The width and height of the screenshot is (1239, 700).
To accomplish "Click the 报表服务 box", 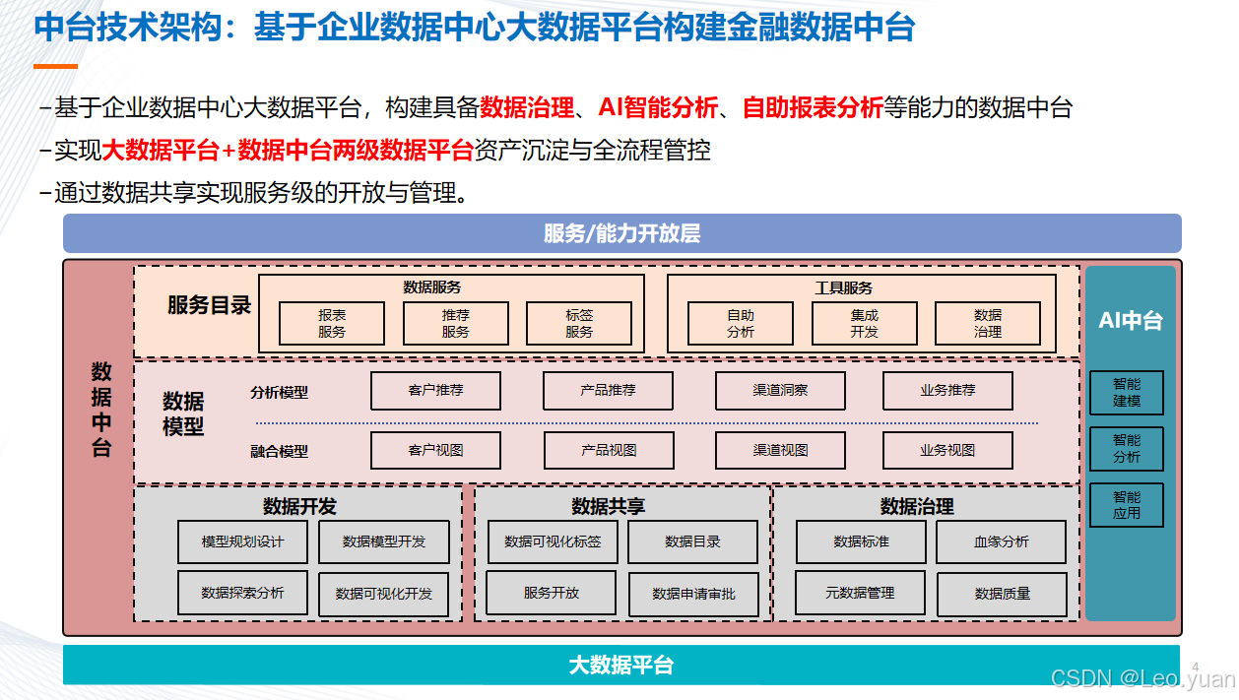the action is pyautogui.click(x=332, y=323).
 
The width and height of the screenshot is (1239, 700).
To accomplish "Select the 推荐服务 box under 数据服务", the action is pyautogui.click(x=455, y=323).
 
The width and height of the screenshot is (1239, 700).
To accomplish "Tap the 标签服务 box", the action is pyautogui.click(x=579, y=323).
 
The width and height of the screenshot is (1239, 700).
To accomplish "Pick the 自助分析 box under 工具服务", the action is pyautogui.click(x=741, y=323).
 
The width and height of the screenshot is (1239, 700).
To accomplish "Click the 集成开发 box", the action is pyautogui.click(x=864, y=323).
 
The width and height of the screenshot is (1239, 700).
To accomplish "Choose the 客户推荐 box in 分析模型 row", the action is pyautogui.click(x=435, y=391).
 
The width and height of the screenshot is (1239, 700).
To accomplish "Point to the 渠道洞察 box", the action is pyautogui.click(x=780, y=391).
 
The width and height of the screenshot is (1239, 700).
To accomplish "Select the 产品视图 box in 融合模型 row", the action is pyautogui.click(x=608, y=451).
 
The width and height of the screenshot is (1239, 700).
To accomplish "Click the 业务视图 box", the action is pyautogui.click(x=947, y=451).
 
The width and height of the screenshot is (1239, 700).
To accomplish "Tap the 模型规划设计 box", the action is pyautogui.click(x=242, y=541).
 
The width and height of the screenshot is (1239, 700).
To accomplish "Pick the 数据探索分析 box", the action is pyautogui.click(x=242, y=593).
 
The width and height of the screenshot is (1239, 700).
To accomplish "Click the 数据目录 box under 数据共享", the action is pyautogui.click(x=692, y=541).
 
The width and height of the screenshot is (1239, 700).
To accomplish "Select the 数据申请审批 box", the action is pyautogui.click(x=693, y=595).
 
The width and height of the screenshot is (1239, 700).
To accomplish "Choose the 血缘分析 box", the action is pyautogui.click(x=1001, y=541).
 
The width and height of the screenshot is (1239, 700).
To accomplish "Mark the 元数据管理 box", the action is pyautogui.click(x=860, y=593).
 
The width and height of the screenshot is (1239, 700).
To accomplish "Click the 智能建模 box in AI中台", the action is pyautogui.click(x=1127, y=393).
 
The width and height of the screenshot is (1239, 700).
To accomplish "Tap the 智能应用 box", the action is pyautogui.click(x=1127, y=505).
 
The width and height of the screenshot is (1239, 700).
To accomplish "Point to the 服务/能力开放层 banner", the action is pyautogui.click(x=621, y=233).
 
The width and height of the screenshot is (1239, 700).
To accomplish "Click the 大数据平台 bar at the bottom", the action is pyautogui.click(x=621, y=665).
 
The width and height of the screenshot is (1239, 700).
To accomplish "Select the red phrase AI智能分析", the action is pyautogui.click(x=659, y=108).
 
